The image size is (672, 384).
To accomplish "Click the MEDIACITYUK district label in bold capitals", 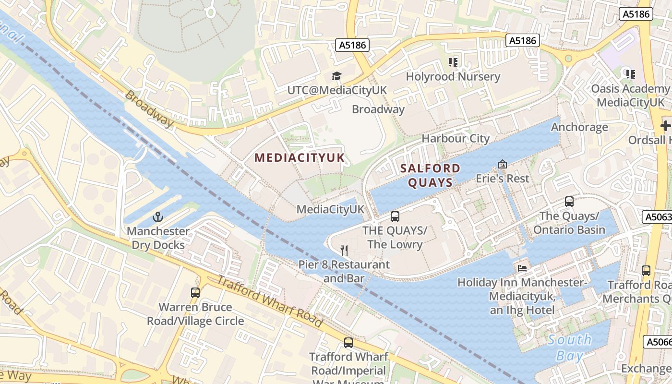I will pyautogui.click(x=300, y=158).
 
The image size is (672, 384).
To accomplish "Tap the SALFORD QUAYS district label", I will pyautogui.click(x=430, y=175).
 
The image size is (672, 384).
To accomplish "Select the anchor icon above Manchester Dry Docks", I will pyautogui.click(x=158, y=217).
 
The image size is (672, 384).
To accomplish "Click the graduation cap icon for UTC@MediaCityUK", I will pyautogui.click(x=336, y=76).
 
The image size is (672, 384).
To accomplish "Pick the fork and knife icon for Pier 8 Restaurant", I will pyautogui.click(x=344, y=250).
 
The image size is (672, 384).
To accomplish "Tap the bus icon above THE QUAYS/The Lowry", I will pyautogui.click(x=395, y=216).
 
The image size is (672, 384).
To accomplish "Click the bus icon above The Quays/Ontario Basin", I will pyautogui.click(x=569, y=202).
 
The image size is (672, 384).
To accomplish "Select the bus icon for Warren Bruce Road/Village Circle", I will pyautogui.click(x=195, y=293).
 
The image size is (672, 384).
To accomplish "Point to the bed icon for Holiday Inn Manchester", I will pyautogui.click(x=522, y=268).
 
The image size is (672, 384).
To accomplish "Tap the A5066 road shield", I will pyautogui.click(x=657, y=342).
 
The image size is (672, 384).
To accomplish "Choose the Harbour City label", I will pyautogui.click(x=455, y=139).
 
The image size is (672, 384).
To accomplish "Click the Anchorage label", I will pyautogui.click(x=579, y=127).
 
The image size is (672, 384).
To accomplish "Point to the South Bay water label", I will pyautogui.click(x=570, y=348).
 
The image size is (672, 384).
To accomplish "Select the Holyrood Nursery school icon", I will pyautogui.click(x=453, y=62).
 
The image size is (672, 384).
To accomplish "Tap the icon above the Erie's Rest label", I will pyautogui.click(x=503, y=165).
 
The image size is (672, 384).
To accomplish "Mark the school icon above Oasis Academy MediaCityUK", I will pyautogui.click(x=631, y=74).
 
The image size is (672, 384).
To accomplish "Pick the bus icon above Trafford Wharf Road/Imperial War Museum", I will pyautogui.click(x=348, y=343).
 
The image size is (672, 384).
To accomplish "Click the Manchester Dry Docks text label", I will pyautogui.click(x=158, y=238).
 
